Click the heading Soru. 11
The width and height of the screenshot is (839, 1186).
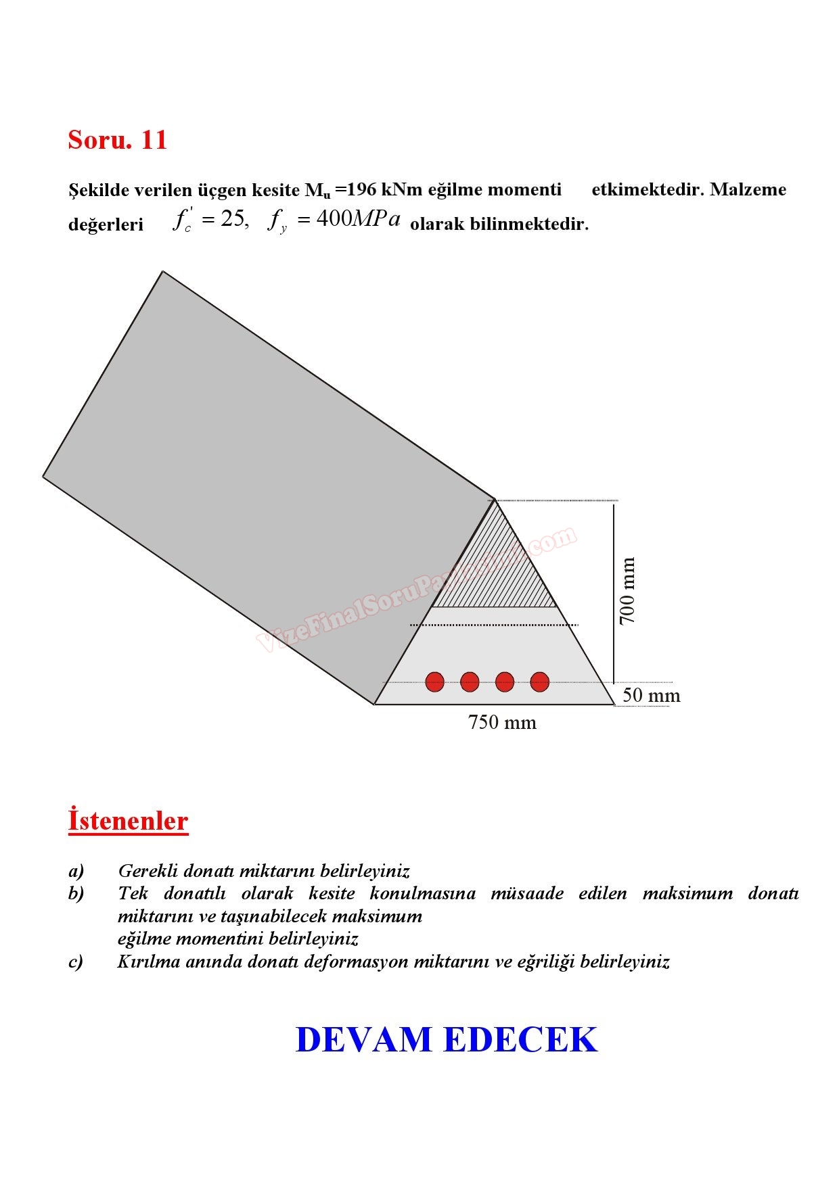point(117,140)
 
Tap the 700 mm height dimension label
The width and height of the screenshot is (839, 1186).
point(627,591)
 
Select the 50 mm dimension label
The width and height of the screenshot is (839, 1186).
point(651,695)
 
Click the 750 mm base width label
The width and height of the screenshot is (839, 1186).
point(502,723)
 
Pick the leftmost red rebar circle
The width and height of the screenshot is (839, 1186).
point(435,682)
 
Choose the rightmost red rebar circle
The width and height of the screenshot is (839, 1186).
point(539,682)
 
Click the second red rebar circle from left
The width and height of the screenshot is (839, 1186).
point(470,682)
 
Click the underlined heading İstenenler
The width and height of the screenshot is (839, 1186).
point(128,821)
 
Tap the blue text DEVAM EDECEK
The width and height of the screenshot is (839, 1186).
point(447,1040)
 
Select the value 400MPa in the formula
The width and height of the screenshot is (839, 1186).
point(359,220)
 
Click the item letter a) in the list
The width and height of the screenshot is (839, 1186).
point(76,871)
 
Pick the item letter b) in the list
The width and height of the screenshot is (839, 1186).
point(76,894)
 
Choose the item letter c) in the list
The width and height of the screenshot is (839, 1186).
point(76,962)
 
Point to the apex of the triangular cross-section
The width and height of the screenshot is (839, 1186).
point(495,500)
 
